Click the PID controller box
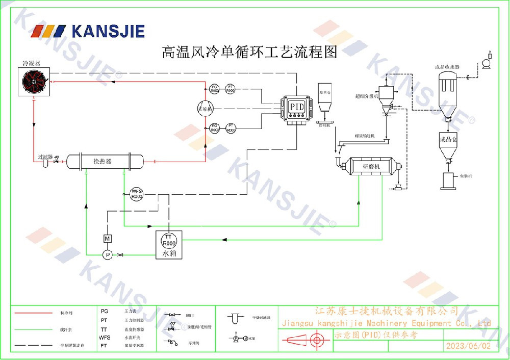click(x=296, y=108)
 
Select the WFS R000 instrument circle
click(x=137, y=193)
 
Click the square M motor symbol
click(x=107, y=239)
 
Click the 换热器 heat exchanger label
click(x=102, y=162)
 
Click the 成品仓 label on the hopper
click(x=447, y=138)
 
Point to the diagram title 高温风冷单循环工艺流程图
click(x=249, y=52)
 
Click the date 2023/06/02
click(x=468, y=346)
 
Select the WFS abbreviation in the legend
click(x=105, y=338)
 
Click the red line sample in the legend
click(x=33, y=313)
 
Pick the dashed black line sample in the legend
click(x=33, y=345)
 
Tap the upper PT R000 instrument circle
click(x=231, y=88)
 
